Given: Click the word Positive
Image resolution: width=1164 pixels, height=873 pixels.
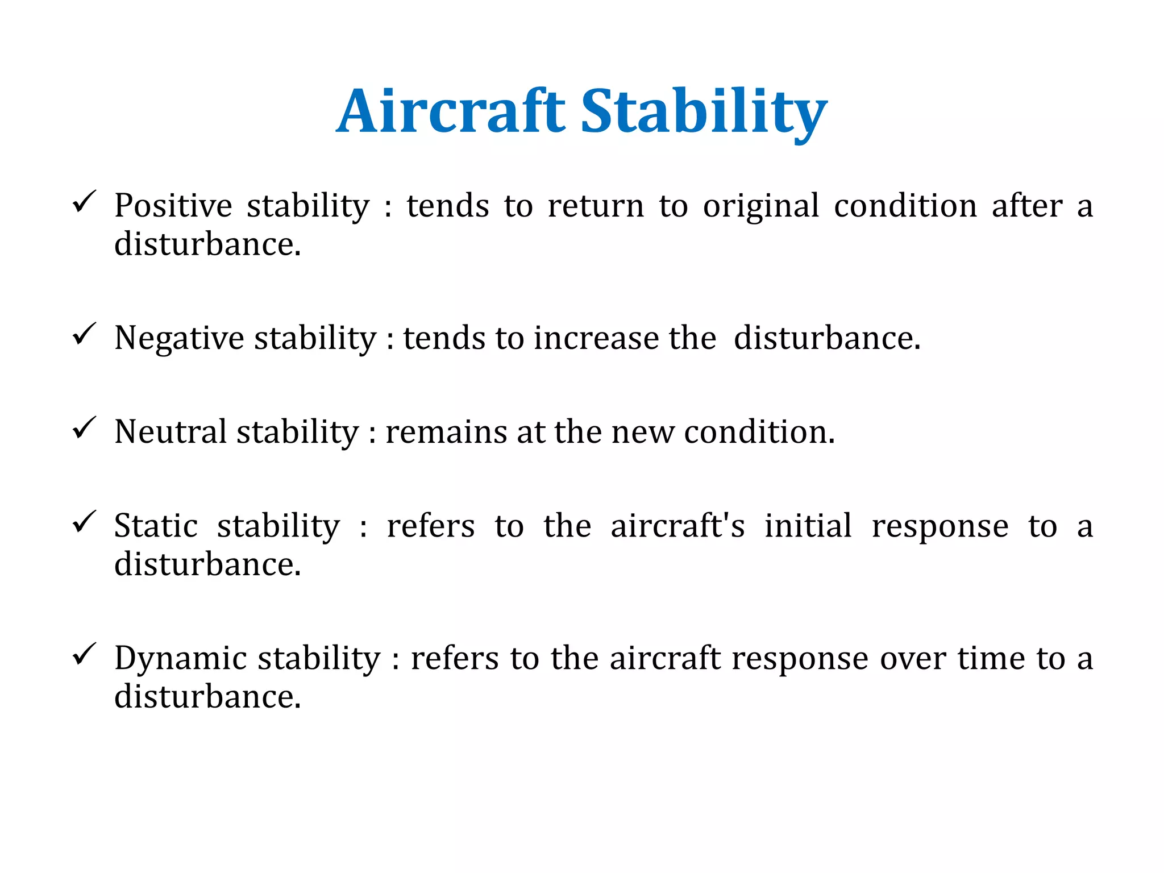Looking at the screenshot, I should (x=173, y=206).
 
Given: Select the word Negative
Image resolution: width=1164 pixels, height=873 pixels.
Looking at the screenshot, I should (x=180, y=339).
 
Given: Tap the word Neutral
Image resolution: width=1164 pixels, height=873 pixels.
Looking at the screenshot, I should (x=171, y=432).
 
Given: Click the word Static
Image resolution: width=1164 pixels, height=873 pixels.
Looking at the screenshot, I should (x=156, y=526).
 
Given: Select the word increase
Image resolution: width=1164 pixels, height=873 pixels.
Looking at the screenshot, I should (x=596, y=339).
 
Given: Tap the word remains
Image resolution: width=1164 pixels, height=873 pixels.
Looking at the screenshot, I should (x=446, y=433).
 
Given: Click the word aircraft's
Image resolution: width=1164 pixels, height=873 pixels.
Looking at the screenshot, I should (x=677, y=526).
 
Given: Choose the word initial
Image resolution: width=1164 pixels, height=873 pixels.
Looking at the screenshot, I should (x=808, y=526).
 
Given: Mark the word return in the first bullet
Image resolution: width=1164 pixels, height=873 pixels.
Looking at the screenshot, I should (x=596, y=206).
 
